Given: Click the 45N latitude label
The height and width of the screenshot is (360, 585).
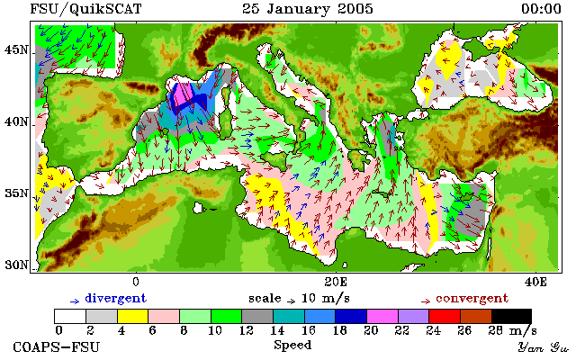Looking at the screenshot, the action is [x=16, y=49].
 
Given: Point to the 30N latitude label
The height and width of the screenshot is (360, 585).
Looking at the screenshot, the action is [x=16, y=265].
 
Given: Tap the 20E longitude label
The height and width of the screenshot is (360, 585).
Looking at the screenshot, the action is [x=336, y=282].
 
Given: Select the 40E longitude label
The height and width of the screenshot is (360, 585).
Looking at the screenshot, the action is [x=535, y=282].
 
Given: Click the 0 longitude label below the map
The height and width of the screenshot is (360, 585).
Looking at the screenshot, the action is [x=136, y=282].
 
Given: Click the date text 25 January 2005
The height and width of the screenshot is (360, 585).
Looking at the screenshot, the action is [x=308, y=9].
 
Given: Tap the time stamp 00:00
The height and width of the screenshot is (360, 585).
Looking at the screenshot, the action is [x=541, y=9].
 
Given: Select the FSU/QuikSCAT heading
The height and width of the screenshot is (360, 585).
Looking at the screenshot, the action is [x=85, y=9].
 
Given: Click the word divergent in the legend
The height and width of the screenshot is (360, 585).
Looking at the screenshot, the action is [x=116, y=299].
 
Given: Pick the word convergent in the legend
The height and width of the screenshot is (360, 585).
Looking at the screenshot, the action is [x=472, y=299].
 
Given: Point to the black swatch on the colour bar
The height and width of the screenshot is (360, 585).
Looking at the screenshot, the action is [x=511, y=316].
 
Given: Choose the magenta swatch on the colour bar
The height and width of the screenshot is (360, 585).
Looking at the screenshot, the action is [x=382, y=316].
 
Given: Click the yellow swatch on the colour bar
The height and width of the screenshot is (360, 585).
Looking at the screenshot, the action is [x=132, y=316].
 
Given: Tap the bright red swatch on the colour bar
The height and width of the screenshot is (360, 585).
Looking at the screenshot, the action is [x=445, y=316].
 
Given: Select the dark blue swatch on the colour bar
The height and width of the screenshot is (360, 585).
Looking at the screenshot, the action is [x=351, y=316].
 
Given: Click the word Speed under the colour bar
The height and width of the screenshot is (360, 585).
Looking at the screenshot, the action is [x=292, y=346].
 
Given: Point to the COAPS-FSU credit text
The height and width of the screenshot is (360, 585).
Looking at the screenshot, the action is [x=57, y=347].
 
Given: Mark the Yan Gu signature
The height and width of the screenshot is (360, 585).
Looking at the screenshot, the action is [x=543, y=347].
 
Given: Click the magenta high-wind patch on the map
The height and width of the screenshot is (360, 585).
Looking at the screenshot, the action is [x=182, y=94].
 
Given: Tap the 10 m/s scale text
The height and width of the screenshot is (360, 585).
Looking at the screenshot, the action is [x=325, y=299].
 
